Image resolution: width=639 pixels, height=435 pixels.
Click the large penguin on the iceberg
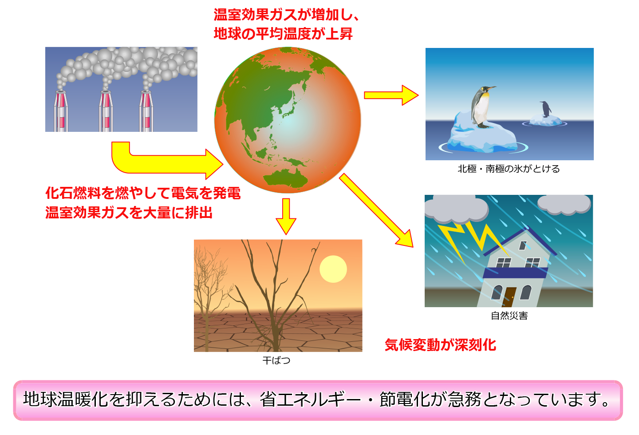pos(481,107)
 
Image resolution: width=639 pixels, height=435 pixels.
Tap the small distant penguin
pos(545,109)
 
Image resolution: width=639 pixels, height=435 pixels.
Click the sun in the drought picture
pos(333,269)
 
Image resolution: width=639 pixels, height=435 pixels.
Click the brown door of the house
pos(509,297)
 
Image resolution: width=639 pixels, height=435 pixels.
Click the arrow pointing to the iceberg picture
pos(391,95)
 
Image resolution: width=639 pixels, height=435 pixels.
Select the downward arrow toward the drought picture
pos(286,216)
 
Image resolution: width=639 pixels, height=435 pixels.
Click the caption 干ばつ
pos(276,360)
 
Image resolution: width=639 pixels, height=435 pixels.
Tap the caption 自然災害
pos(509,316)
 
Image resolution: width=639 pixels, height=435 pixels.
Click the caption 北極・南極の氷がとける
pos(509,169)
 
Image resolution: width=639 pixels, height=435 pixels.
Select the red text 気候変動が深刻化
pos(441,345)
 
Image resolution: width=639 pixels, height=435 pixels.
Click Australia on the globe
pos(285,178)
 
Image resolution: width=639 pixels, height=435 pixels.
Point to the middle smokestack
pos(106,111)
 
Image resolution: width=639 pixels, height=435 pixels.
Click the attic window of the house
pos(523,245)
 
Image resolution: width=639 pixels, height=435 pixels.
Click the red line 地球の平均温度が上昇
pos(283,34)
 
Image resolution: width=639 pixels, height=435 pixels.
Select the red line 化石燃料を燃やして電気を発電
pos(143,193)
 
